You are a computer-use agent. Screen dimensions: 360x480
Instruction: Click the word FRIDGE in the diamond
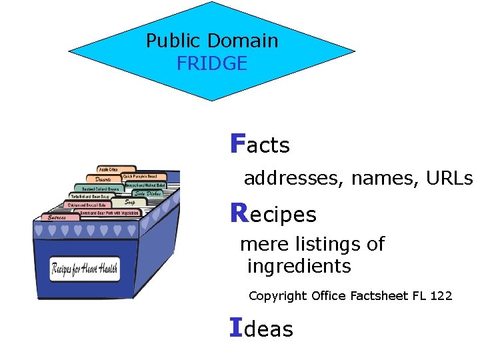pos(212,64)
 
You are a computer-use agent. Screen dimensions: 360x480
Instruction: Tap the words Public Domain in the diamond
pos(212,41)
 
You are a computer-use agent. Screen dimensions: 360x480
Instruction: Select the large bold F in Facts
pos(237,143)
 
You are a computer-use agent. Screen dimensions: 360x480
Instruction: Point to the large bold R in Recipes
pos(238,213)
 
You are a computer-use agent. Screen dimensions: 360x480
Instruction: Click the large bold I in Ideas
pos(235,327)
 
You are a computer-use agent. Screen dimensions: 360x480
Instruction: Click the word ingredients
pos(299,267)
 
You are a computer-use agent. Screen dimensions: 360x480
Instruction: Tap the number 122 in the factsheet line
pos(441,295)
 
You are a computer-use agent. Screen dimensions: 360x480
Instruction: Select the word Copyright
pos(278,296)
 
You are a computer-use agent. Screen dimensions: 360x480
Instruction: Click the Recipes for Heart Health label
pos(85,269)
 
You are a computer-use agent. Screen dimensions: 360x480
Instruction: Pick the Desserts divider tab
pos(103,179)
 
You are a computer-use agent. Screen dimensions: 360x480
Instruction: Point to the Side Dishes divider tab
pos(147,193)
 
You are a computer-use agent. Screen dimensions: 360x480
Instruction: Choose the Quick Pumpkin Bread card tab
pos(140,177)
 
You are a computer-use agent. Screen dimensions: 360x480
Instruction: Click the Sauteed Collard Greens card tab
pos(97,189)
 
